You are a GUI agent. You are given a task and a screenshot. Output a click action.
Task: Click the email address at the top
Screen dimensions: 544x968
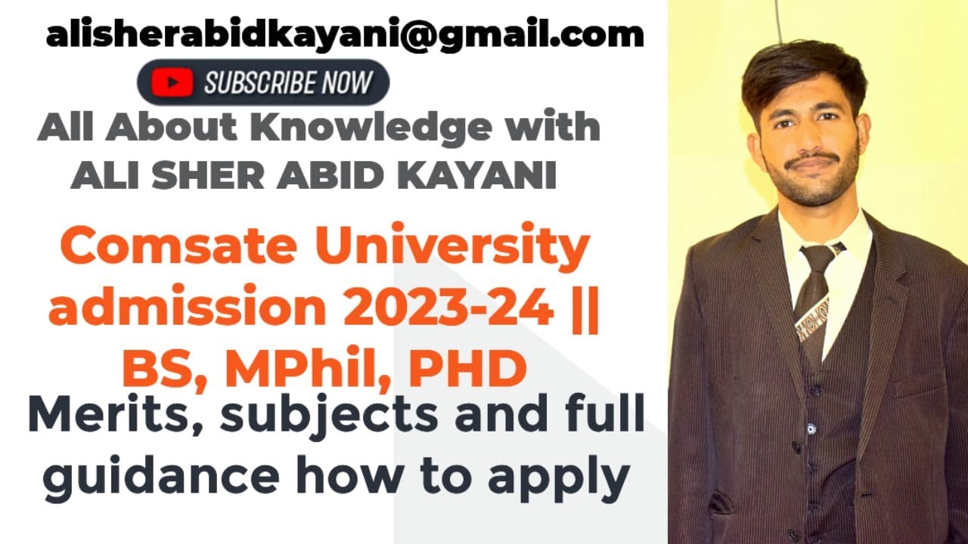pos(344,34)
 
